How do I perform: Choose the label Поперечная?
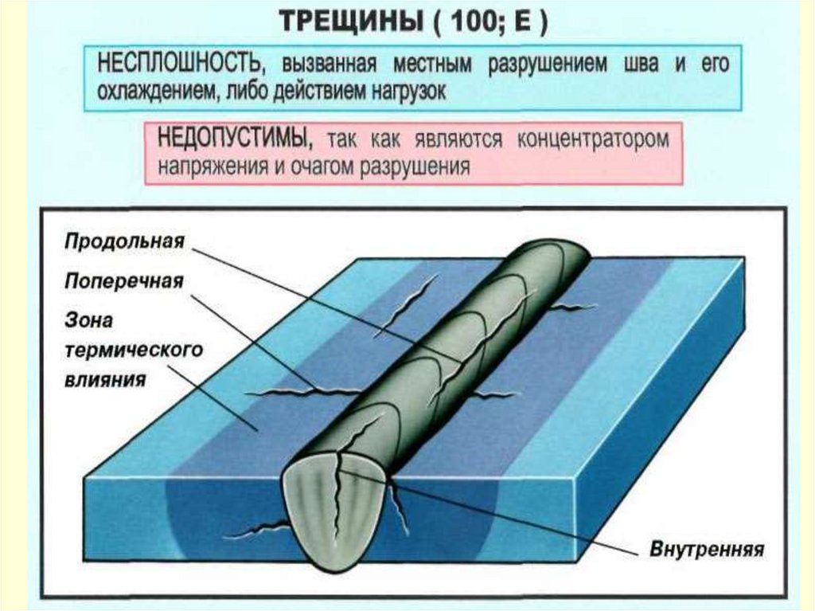coord(124,281)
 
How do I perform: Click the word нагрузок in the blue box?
coord(404,92)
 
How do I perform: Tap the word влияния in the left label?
coord(105,379)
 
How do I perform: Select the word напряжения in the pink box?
coord(205,167)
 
